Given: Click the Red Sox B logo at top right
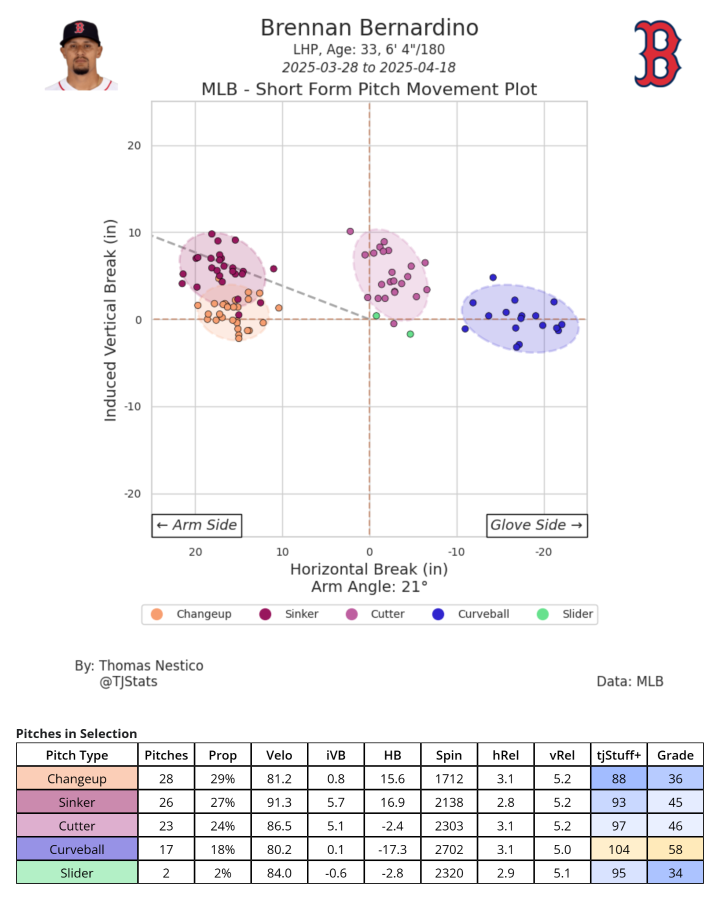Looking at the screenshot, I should coord(657,53).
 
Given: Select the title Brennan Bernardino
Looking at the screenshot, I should coord(369,28).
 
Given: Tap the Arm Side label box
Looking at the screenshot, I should coord(196,525).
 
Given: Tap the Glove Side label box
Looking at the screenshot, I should coord(536,525).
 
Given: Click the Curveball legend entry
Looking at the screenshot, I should coord(470,614).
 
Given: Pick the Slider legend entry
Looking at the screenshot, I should coord(565,614).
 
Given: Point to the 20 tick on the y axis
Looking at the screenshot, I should coord(134,145).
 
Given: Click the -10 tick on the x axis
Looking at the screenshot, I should coord(456,552).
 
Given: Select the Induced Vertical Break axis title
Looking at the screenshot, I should coord(110,320).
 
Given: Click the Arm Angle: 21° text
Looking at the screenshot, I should coord(369,586).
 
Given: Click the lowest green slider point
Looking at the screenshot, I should coord(410,334).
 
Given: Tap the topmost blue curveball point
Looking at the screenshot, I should coord(493,277).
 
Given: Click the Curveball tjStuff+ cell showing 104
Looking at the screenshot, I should coord(618,849).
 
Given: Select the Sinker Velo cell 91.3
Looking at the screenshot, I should coord(279,802).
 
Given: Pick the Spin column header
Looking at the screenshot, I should coord(448,755).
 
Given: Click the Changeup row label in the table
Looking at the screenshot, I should coord(77,779).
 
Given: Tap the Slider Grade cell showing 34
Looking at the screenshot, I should coord(675,873).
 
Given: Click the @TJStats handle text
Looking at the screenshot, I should coord(128,681).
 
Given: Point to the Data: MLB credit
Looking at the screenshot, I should coord(629,681).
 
